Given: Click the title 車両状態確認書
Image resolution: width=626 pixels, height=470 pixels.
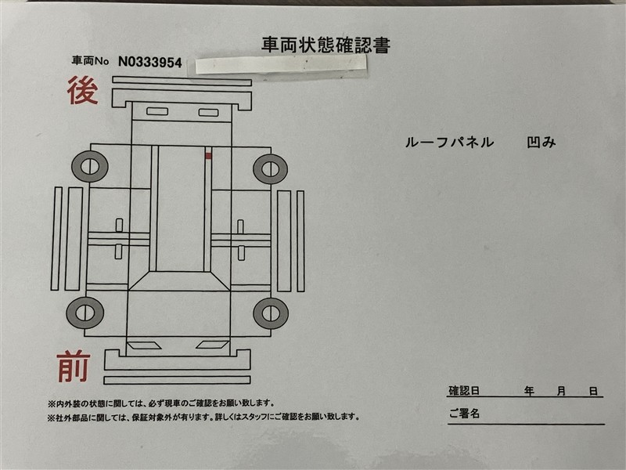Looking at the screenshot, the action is coord(326,45).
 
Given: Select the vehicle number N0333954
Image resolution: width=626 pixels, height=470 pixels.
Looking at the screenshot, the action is coord(150,63).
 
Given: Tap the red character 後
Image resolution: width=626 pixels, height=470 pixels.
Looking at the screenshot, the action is coord(83,90).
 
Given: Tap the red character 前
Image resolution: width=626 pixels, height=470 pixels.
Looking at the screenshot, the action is coord(74,367).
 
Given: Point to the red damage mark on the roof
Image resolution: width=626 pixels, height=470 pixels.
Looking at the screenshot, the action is coord(208,155).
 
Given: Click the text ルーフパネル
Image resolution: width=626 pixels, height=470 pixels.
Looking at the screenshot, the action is coord(449,143).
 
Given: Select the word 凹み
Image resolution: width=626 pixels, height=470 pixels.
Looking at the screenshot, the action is coord(541,142).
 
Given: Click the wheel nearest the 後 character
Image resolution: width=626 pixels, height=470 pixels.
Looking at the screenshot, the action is coord(90,166).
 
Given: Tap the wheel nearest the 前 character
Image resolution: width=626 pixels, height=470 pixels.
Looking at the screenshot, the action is coord(85,313).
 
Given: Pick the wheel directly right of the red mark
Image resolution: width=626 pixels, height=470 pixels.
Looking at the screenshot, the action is coord(270,169).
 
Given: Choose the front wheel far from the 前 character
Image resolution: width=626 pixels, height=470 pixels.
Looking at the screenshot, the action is coord(271,313).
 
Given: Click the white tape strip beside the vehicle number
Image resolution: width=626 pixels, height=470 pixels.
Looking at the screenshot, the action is coord(281,64).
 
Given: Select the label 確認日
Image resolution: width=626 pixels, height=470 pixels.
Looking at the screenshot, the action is coord(464,390).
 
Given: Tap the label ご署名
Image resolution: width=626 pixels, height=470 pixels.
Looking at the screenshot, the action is coord(464,414).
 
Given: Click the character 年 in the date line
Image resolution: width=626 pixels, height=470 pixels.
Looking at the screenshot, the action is coord(529,391).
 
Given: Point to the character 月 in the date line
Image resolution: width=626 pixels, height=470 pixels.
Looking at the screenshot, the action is coord(561,391).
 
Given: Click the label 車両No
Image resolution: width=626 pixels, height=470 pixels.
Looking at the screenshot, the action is coord(90,61).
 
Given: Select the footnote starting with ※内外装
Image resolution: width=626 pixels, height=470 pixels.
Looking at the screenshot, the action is coord(161,403).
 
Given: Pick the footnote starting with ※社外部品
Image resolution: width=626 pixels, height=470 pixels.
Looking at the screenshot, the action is coord(203,418).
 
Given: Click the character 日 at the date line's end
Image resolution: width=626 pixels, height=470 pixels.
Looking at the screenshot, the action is coord(594,391).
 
